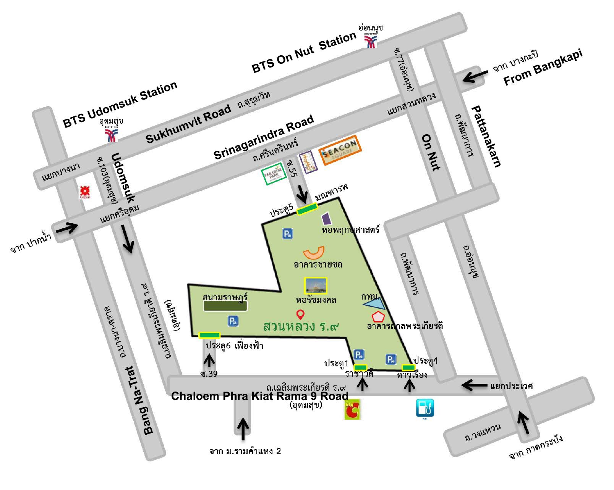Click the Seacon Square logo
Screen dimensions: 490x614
(x=340, y=150)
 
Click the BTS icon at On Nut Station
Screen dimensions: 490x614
(x=370, y=40)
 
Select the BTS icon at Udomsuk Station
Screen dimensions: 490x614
(x=112, y=134)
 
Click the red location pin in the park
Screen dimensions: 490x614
(x=300, y=315)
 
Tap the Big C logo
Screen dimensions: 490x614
(x=352, y=409)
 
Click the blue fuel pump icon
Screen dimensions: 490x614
(x=425, y=408)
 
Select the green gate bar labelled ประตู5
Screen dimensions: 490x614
(x=307, y=209)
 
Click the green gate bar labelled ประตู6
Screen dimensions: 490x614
(x=209, y=335)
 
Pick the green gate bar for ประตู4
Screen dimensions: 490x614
(x=408, y=367)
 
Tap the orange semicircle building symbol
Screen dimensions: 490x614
(x=314, y=253)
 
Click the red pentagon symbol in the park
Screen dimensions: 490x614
(x=378, y=317)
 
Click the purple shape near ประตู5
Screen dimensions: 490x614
(x=326, y=219)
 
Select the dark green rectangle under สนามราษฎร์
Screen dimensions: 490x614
(x=225, y=306)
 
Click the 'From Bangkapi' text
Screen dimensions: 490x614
(x=543, y=68)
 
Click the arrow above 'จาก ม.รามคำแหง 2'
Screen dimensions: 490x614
(x=243, y=428)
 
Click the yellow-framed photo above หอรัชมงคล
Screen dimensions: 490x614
(x=316, y=286)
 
